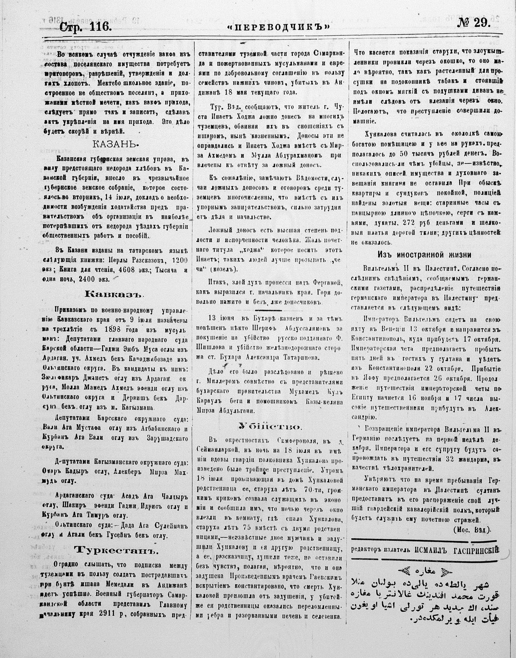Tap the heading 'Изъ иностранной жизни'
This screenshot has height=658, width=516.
[424, 254]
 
